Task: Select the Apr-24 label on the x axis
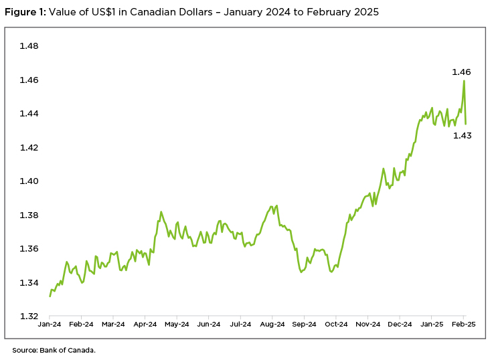pyautogui.click(x=145, y=324)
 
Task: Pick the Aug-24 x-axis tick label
pyautogui.click(x=272, y=324)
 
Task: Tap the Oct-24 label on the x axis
pyautogui.click(x=336, y=324)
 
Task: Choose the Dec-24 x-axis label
pyautogui.click(x=400, y=324)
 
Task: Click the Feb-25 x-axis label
pyautogui.click(x=463, y=324)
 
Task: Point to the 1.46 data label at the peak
pyautogui.click(x=461, y=72)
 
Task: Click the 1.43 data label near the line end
pyautogui.click(x=462, y=136)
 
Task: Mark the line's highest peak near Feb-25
pyautogui.click(x=464, y=81)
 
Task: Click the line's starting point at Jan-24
pyautogui.click(x=50, y=296)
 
